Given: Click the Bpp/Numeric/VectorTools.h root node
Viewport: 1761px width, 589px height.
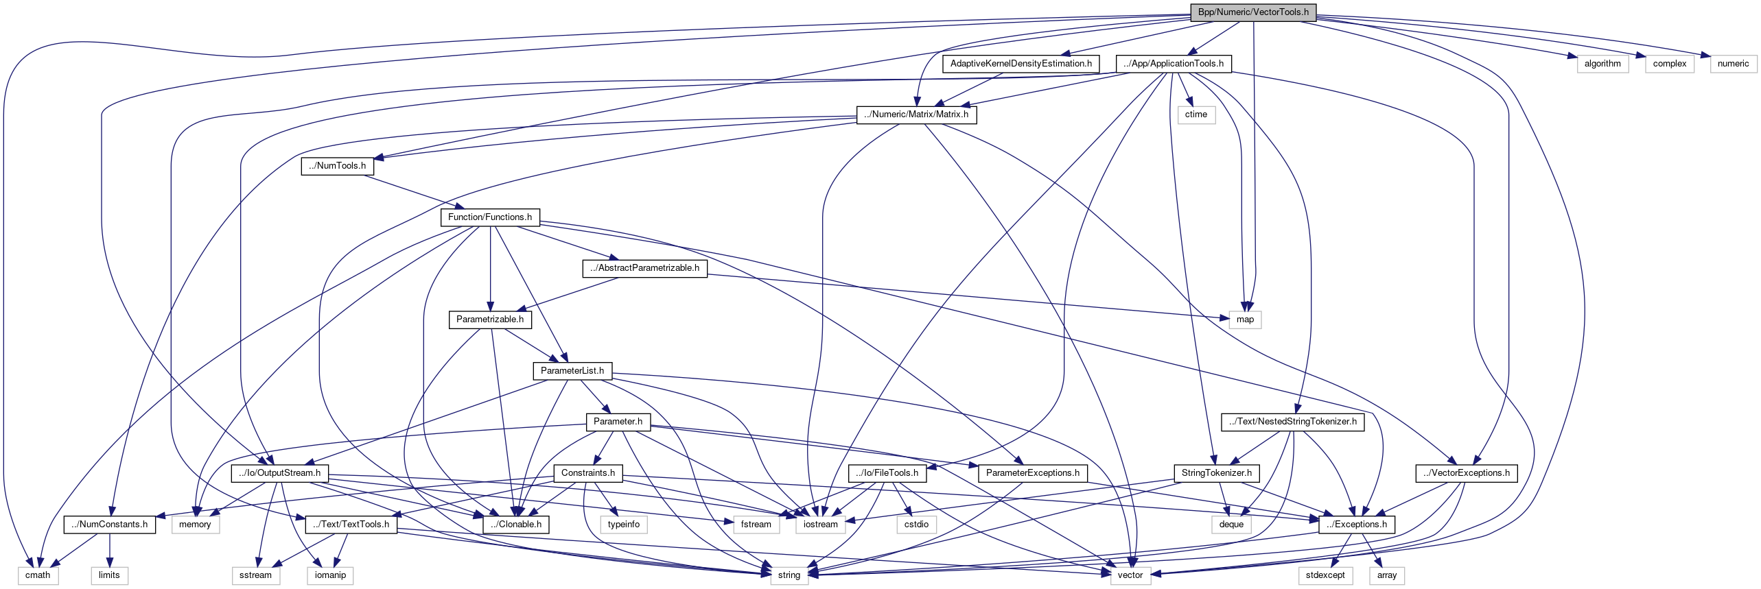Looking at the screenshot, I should (1252, 12).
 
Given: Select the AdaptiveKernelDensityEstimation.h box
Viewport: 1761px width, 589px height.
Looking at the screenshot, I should (1021, 64).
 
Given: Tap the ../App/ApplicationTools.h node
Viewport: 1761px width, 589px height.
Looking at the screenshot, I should (1173, 64).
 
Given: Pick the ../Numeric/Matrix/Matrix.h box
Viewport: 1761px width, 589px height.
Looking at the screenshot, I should (916, 115).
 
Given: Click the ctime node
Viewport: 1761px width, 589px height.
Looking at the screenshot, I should (1196, 115).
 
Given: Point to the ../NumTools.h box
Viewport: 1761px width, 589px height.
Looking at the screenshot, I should (337, 166).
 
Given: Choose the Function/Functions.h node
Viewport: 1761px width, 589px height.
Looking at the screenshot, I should (489, 217).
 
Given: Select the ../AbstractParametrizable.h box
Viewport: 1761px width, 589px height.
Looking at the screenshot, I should (644, 268).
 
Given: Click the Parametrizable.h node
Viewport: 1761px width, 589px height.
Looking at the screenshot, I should (489, 320).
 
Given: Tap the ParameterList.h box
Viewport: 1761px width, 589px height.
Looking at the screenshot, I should (572, 371).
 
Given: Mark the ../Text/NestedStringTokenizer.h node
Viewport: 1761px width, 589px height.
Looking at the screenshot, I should (1292, 422).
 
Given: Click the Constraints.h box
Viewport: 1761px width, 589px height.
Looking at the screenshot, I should (587, 473).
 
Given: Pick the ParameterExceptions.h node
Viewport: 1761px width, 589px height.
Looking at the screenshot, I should (1032, 473).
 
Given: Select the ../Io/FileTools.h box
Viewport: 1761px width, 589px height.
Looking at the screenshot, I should (887, 473).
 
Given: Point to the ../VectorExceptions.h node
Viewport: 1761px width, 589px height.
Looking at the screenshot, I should (1465, 473).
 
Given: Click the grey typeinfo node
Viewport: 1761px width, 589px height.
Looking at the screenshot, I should (623, 525).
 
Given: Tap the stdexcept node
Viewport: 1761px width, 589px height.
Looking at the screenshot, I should (1325, 575).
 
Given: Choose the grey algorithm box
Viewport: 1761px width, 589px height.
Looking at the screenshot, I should (1602, 64).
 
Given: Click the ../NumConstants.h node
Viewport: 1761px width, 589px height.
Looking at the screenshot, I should (110, 525).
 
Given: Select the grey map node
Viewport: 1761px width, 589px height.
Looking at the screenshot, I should (1244, 320).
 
